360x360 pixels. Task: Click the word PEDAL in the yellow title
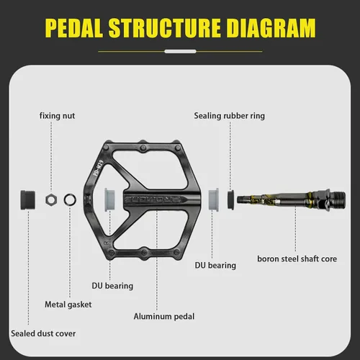(74, 28)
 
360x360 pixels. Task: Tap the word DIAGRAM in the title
(271, 28)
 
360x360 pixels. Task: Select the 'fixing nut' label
(57, 116)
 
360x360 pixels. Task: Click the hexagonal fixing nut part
(51, 199)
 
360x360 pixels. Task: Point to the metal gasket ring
(70, 199)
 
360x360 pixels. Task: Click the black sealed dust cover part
(28, 199)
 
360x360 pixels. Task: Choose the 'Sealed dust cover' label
(43, 333)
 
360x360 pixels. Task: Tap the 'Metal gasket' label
(68, 305)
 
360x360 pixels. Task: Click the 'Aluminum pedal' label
(164, 316)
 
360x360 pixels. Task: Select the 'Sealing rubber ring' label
(230, 116)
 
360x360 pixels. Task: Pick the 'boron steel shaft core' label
(297, 259)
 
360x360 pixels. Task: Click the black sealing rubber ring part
(230, 200)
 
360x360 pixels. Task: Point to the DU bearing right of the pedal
(213, 199)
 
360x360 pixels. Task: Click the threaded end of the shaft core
(338, 199)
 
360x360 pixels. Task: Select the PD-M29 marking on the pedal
(98, 168)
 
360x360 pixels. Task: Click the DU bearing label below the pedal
(112, 286)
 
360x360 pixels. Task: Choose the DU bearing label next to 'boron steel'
(215, 266)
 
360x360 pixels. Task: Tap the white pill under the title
(180, 51)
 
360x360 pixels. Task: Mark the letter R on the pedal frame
(106, 243)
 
